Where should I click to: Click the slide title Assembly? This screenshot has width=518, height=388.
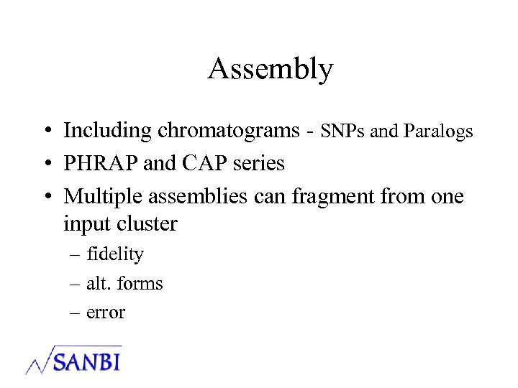click(x=271, y=70)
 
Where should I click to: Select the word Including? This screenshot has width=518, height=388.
click(x=108, y=131)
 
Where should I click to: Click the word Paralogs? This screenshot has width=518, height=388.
click(x=438, y=131)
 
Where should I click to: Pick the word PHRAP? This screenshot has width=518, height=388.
click(x=101, y=164)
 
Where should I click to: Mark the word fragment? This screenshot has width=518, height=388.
click(x=336, y=196)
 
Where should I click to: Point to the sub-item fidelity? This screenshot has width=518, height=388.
click(x=115, y=254)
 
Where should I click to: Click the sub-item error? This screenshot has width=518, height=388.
click(x=106, y=313)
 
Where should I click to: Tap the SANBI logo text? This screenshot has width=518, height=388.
click(x=87, y=359)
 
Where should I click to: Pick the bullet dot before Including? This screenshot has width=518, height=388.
click(x=45, y=131)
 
